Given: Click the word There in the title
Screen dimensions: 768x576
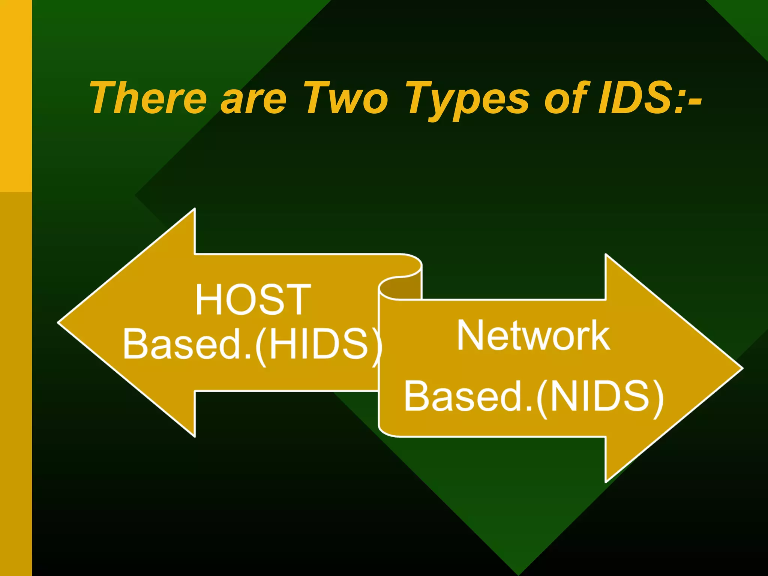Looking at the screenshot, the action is (148, 98).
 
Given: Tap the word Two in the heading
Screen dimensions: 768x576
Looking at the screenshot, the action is (346, 98).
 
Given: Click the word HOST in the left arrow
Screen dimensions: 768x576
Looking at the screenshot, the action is (253, 300).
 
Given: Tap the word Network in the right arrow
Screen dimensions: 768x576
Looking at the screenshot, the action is (533, 336).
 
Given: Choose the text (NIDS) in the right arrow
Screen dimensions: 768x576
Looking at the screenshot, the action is (600, 397).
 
